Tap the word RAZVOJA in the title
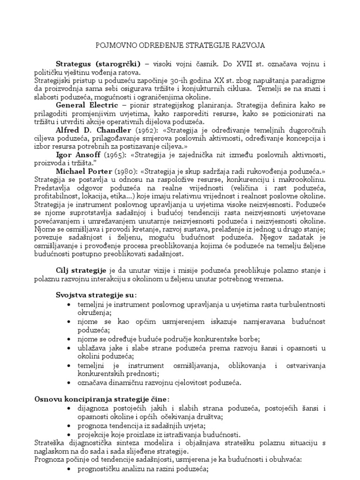click(248, 45)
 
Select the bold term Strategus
click(74, 63)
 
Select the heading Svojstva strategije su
click(96, 295)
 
